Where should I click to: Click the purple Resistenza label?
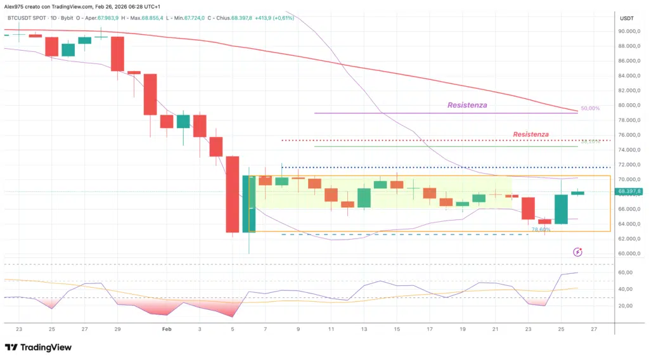click(467, 105)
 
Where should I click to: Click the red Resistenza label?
click(530, 134)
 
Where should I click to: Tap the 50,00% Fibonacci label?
click(590, 109)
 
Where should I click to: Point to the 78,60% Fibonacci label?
click(541, 230)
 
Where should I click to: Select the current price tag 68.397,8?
click(630, 191)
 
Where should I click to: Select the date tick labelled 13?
click(364, 330)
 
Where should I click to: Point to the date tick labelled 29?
click(117, 330)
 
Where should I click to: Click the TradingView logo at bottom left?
click(38, 347)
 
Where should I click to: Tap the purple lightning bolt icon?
click(577, 252)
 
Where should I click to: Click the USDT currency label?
click(627, 18)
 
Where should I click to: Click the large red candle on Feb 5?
click(233, 194)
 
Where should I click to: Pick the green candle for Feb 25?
click(561, 209)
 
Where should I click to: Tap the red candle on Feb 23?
click(528, 209)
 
